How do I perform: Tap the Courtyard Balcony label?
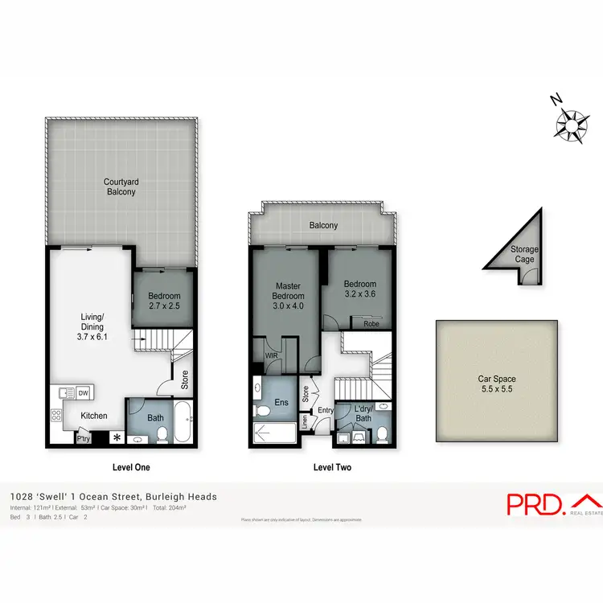tap(120, 187)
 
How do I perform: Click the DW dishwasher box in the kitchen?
tap(83, 393)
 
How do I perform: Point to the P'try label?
tap(83, 438)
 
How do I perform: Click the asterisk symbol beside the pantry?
tap(117, 437)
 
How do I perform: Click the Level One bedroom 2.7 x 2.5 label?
tap(165, 300)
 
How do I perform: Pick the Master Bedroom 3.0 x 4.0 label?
tap(288, 295)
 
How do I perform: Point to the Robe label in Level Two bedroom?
tap(371, 324)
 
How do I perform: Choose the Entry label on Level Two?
tap(325, 411)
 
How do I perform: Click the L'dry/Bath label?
tap(363, 412)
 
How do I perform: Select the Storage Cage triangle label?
tap(524, 254)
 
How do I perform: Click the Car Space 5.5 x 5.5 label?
tap(496, 384)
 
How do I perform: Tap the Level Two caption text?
tap(331, 467)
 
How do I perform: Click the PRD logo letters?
tap(534, 504)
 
